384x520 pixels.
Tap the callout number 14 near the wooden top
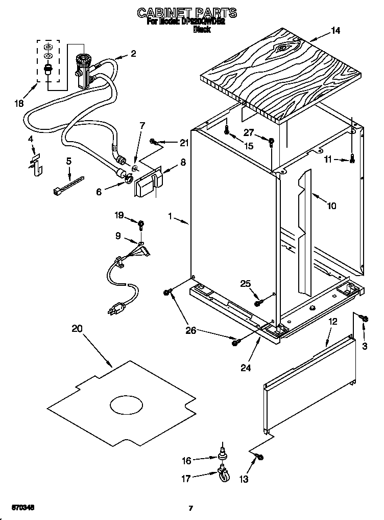pos(335,30)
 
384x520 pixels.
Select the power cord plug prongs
pos(113,309)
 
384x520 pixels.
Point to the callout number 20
pos(77,329)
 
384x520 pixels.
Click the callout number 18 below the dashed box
pos(19,104)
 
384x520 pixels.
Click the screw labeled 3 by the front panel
pos(365,319)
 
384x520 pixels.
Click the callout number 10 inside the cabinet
pos(331,206)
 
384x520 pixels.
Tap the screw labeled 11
pos(352,160)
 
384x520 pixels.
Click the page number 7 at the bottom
pos(190,508)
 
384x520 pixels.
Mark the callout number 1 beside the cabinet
pos(170,216)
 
